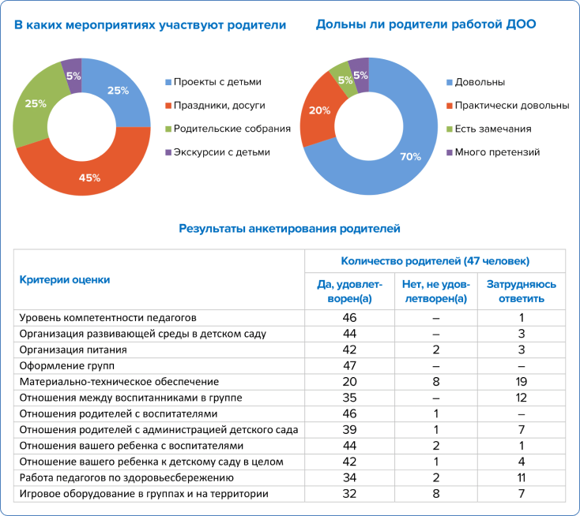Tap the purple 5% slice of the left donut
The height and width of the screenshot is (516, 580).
[73, 75]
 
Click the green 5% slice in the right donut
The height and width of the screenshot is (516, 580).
[344, 79]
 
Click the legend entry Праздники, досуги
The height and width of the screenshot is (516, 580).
[215, 106]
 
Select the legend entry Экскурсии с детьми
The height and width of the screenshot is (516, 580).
[217, 152]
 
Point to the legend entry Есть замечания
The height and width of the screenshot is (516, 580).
[489, 129]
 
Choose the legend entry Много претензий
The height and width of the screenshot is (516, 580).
[493, 152]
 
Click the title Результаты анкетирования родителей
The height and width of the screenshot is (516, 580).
[290, 229]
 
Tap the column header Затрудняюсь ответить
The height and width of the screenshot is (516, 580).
[522, 291]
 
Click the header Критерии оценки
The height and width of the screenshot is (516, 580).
[65, 279]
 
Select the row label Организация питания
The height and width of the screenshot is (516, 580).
[73, 350]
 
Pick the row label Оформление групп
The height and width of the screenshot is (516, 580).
[67, 365]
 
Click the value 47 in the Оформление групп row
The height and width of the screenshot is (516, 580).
[349, 365]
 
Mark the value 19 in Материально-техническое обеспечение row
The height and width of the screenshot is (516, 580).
[522, 382]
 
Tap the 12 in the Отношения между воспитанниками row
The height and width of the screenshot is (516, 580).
[522, 398]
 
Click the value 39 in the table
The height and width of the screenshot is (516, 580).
[349, 429]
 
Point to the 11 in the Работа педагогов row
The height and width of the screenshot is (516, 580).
[522, 477]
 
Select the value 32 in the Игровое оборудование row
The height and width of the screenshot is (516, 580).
[349, 494]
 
